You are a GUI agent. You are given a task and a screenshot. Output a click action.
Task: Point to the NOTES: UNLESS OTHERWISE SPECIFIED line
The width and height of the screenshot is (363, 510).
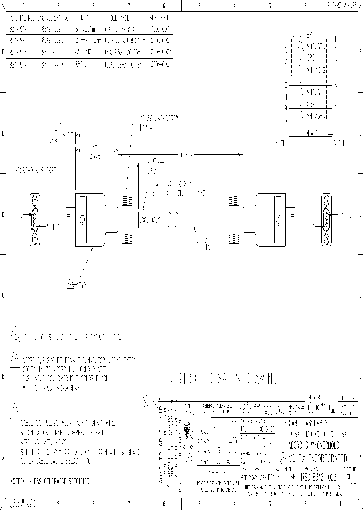click(50, 482)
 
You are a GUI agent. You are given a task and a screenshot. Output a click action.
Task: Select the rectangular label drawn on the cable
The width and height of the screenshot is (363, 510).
click(150, 220)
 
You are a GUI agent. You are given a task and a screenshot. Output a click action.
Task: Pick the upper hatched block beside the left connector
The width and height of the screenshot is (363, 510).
click(127, 201)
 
